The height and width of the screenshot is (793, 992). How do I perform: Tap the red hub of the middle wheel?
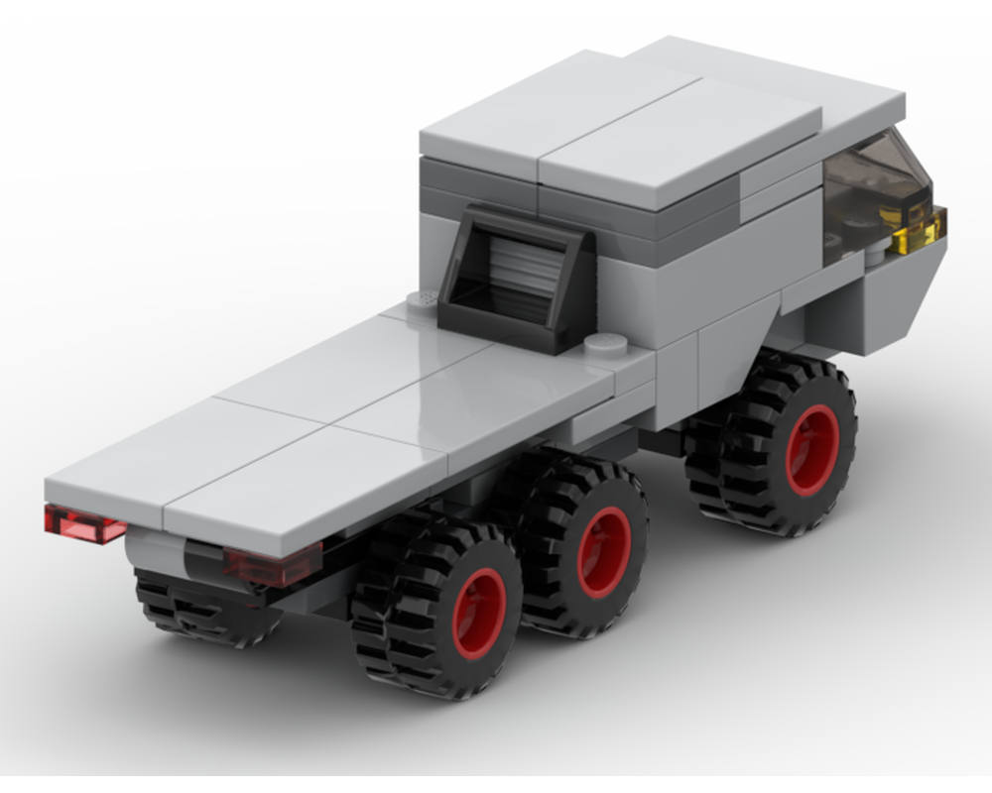click(604, 551)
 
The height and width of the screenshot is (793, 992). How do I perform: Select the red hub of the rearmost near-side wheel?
click(479, 613)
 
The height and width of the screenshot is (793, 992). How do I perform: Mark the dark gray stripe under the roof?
click(635, 213)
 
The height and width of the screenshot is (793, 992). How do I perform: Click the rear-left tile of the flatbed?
click(184, 446)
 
